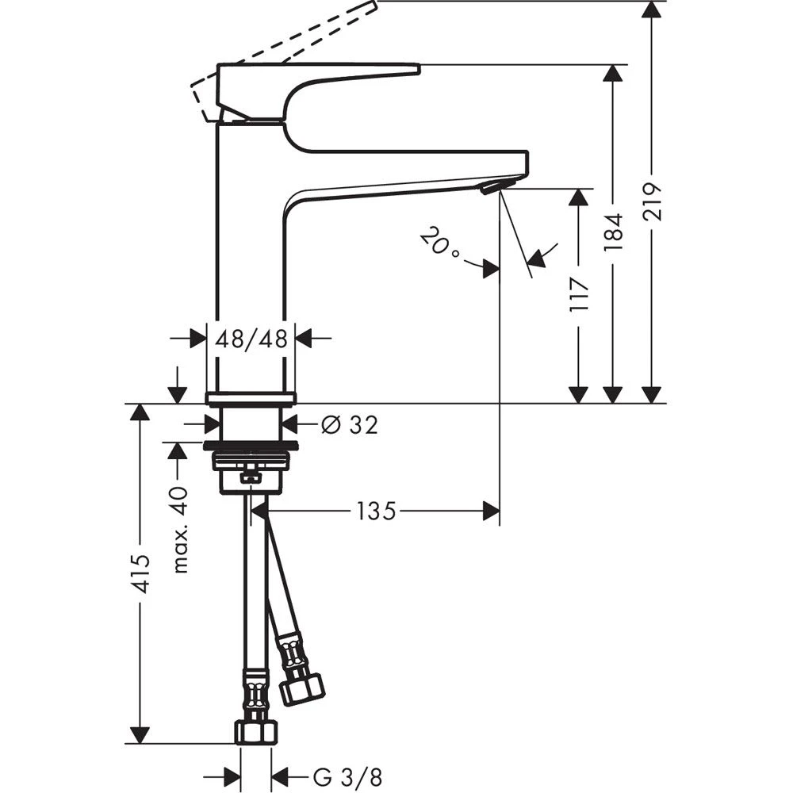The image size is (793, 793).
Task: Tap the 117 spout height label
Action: (580, 294)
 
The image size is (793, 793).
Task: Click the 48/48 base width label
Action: (251, 339)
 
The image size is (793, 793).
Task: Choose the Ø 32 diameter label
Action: (349, 425)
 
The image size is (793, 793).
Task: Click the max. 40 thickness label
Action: (181, 529)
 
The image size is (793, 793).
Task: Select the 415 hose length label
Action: (140, 573)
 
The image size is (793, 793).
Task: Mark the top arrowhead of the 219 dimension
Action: (652, 10)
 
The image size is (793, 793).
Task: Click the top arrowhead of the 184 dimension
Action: (612, 74)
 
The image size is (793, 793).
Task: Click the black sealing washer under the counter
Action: (251, 446)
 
